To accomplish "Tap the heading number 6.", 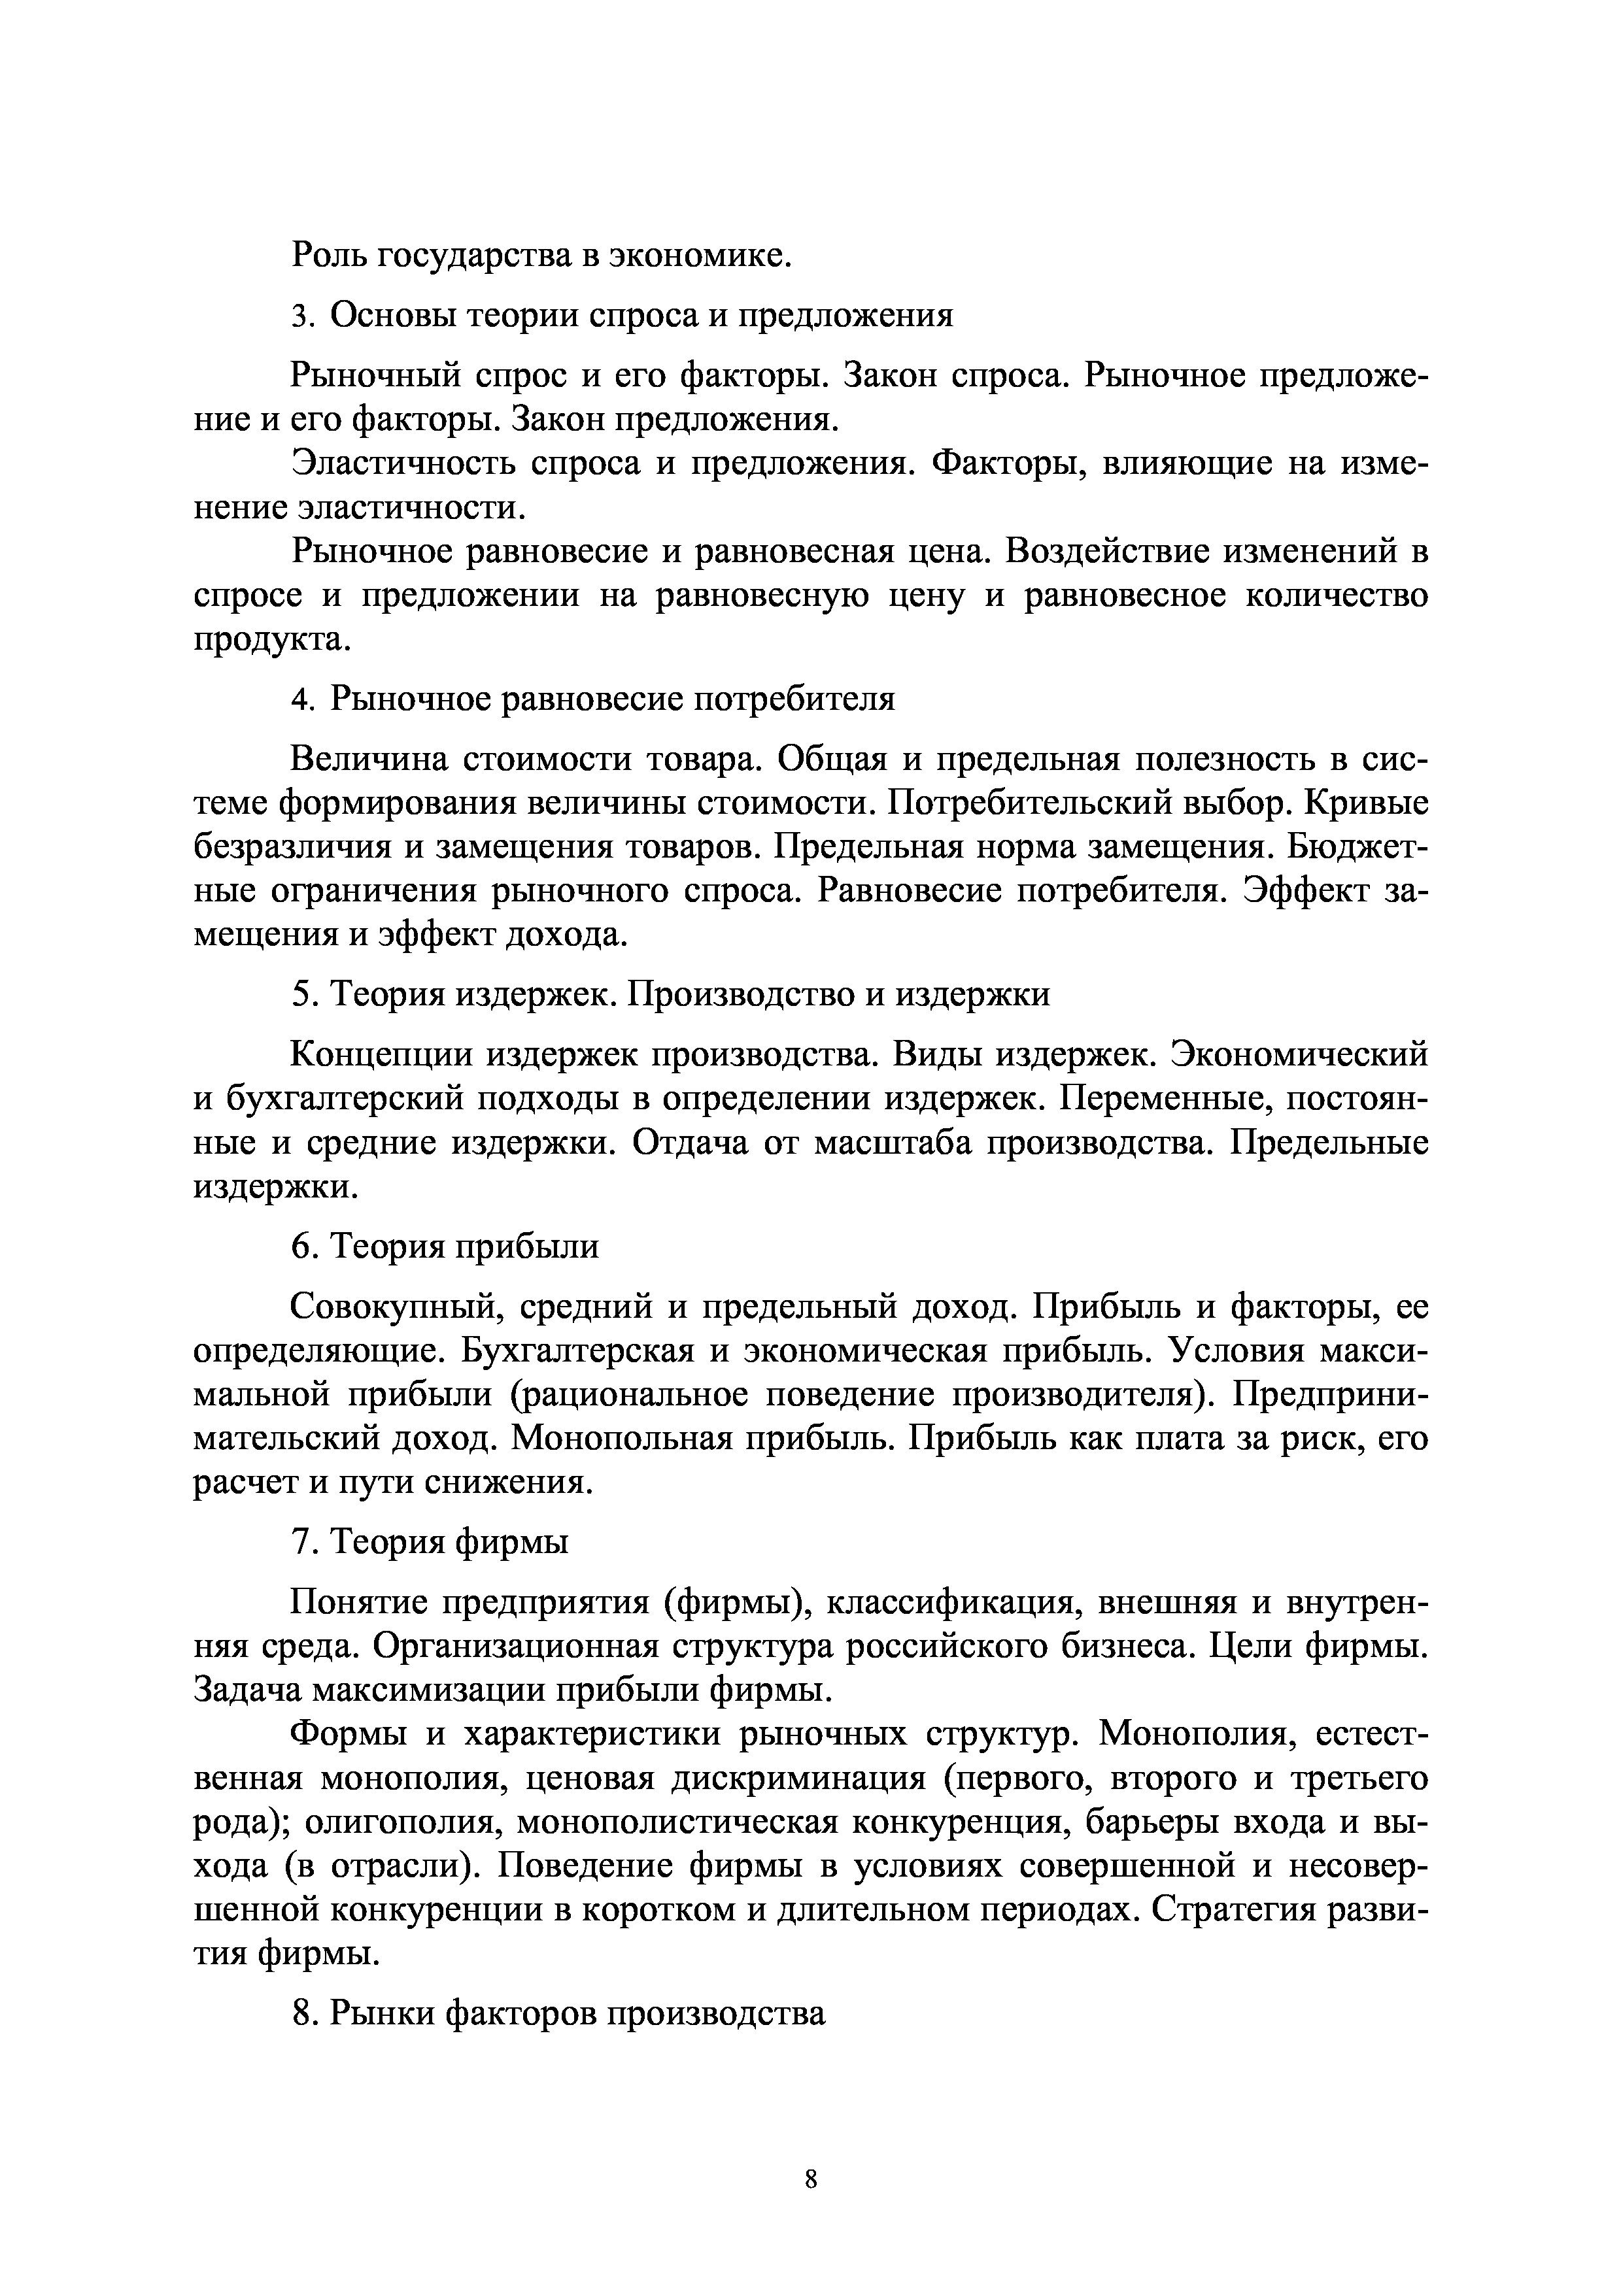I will click(301, 1247).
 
